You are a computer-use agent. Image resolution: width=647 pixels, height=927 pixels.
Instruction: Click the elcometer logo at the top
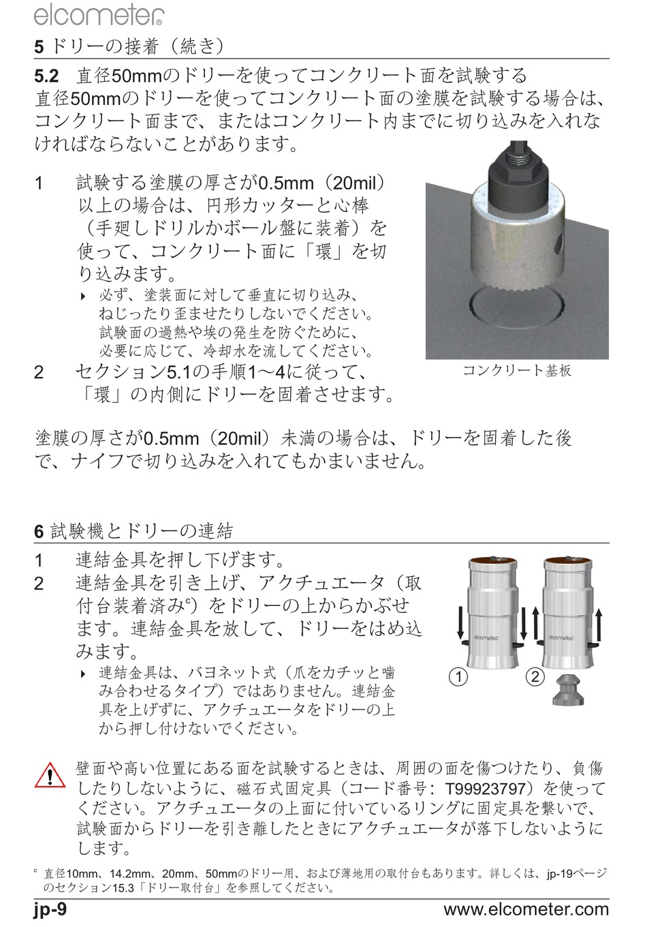coord(99,16)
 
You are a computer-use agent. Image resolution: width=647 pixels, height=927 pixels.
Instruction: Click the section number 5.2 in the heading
coord(46,76)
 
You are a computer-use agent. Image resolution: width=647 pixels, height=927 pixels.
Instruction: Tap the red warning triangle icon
coord(50,775)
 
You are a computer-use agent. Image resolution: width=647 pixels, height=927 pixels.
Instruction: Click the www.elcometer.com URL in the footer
coord(526,909)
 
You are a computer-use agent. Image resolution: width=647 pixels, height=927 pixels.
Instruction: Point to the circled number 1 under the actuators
coord(458,677)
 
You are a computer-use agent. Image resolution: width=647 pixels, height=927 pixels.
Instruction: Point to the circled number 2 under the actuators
coord(535,677)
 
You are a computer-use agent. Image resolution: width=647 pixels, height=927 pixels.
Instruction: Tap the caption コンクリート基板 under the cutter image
coord(517,370)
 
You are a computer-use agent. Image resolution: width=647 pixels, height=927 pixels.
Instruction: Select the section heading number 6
coord(39,532)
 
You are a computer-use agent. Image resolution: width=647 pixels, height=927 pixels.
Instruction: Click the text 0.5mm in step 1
coord(285,183)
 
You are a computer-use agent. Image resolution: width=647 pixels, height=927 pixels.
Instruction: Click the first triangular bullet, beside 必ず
coord(83,296)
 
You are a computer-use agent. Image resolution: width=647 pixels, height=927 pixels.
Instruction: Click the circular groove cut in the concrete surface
coord(517,308)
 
